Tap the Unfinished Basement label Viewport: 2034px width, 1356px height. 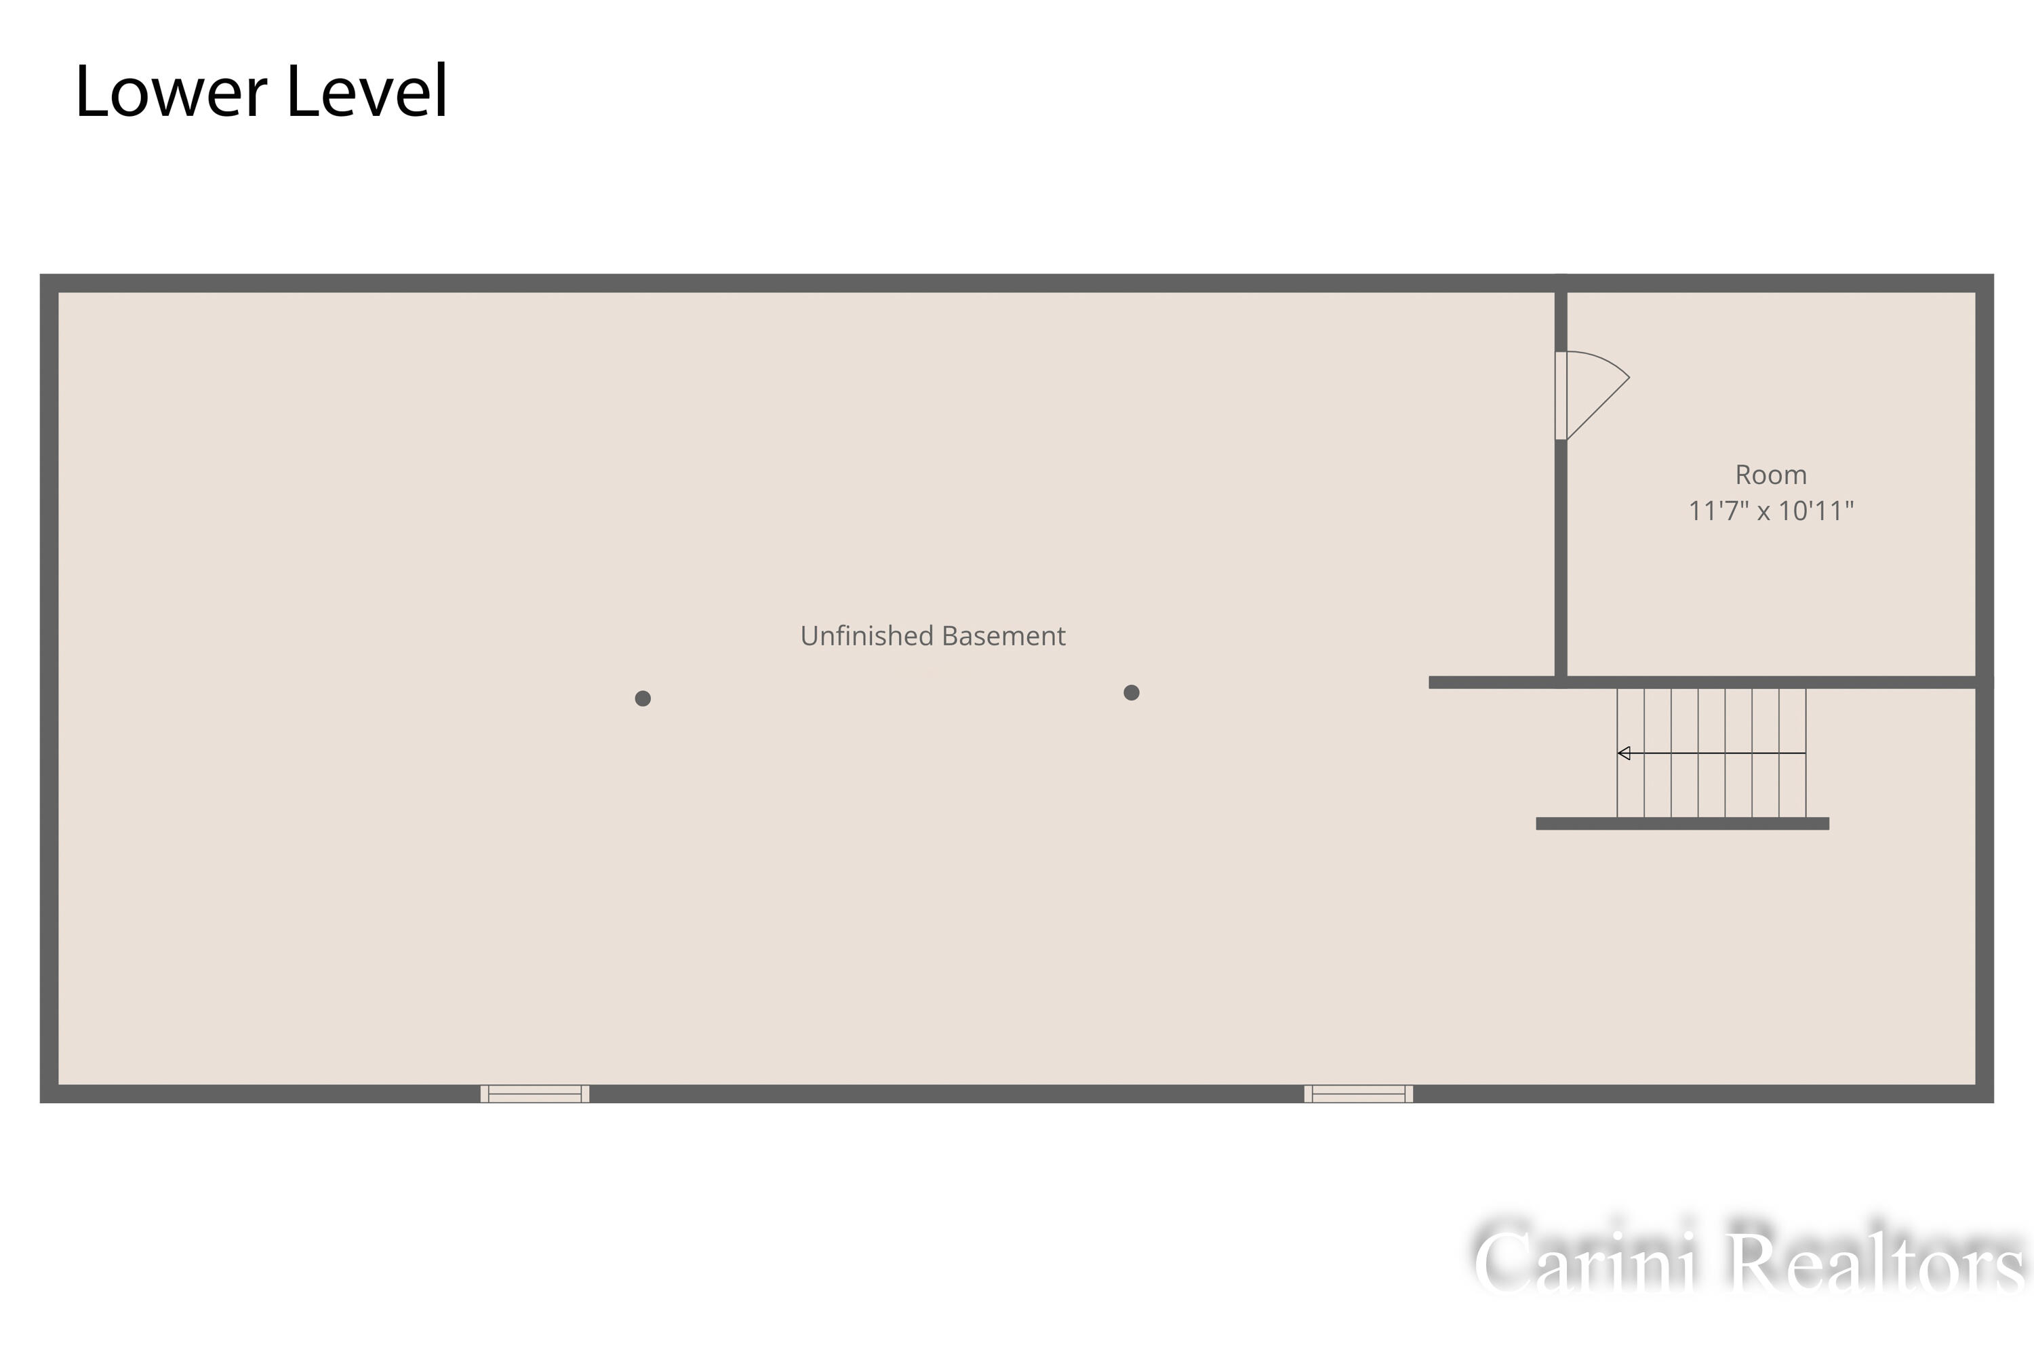[932, 636]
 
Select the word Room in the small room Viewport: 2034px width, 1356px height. [1770, 475]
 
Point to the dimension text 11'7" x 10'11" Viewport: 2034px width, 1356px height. [1770, 511]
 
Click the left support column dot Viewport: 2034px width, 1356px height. [643, 698]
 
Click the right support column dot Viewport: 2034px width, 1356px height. [1131, 692]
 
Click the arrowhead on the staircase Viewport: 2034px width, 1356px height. [1623, 753]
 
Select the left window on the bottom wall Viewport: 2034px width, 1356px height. [534, 1093]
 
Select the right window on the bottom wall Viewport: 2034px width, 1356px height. [1359, 1093]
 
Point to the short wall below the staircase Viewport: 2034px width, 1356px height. [1682, 823]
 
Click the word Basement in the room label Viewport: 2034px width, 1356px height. [1003, 636]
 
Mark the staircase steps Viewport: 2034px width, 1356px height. [1711, 753]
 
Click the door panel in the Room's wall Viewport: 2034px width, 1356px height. [1561, 395]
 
